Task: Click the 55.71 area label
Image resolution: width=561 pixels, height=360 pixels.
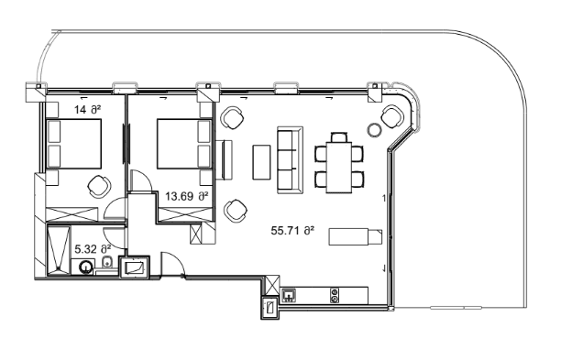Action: (292, 231)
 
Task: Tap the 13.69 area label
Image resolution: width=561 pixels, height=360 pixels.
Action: (186, 196)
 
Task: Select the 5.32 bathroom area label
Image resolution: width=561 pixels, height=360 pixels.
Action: (92, 248)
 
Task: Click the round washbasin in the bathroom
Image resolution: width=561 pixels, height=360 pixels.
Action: (86, 267)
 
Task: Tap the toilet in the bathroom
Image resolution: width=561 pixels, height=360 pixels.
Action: (108, 265)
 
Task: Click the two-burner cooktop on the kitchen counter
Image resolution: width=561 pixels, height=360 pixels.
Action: (335, 296)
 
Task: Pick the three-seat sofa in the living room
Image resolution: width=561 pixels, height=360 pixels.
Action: (289, 158)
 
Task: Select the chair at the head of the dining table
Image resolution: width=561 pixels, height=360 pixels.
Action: (339, 137)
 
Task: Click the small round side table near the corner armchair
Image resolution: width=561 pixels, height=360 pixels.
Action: (373, 128)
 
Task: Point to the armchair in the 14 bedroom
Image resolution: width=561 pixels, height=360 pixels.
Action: (98, 186)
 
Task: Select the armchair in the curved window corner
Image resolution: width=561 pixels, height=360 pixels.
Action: (392, 116)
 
